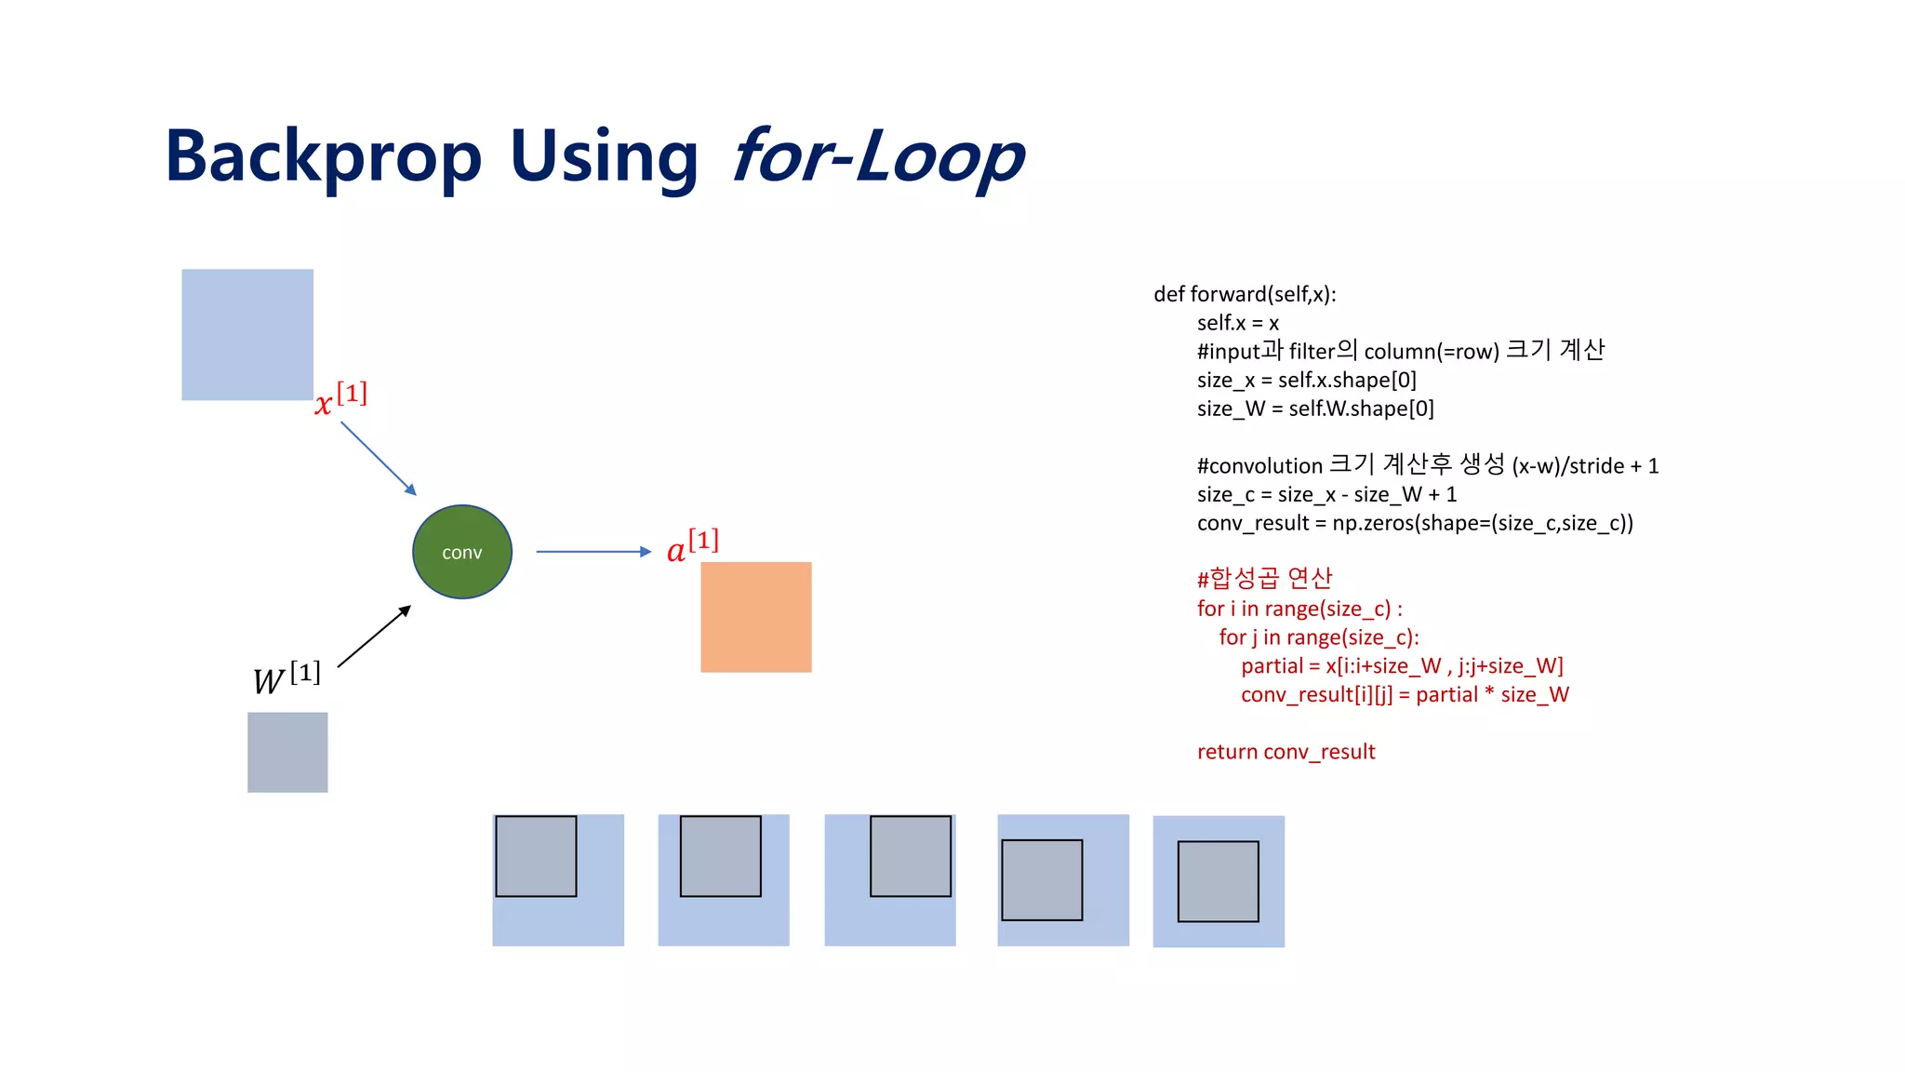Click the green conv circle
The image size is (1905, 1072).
click(x=462, y=552)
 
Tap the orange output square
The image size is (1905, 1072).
click(x=755, y=617)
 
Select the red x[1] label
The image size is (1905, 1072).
click(x=340, y=399)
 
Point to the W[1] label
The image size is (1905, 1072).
click(x=286, y=677)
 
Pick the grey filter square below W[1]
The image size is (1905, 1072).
click(x=287, y=752)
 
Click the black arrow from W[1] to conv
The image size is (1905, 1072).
click(x=374, y=636)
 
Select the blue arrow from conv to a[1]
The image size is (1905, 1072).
click(x=593, y=552)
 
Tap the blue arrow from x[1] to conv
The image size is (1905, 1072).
click(x=378, y=458)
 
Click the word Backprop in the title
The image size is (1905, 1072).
click(x=323, y=156)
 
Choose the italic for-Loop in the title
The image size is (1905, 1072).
click(x=877, y=156)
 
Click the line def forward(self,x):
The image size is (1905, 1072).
click(x=1245, y=294)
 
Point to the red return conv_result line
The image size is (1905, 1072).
click(x=1286, y=752)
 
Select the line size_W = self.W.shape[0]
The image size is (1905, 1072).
click(x=1315, y=409)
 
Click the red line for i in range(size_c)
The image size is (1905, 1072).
click(x=1299, y=609)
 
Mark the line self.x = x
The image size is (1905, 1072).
click(x=1237, y=323)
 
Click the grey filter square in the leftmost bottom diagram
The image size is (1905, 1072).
click(x=536, y=856)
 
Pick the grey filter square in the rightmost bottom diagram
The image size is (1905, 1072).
click(x=1218, y=881)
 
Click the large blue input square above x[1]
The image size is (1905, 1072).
click(x=247, y=335)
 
